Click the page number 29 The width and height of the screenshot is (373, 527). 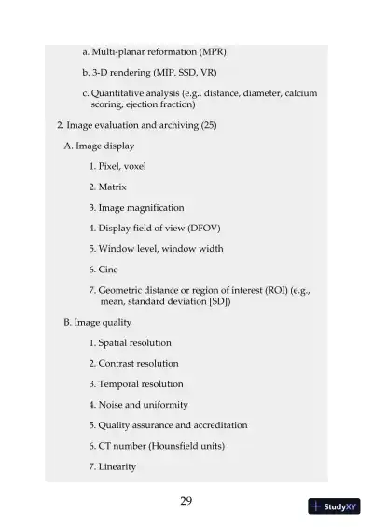point(186,501)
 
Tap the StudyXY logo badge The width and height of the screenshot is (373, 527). point(334,506)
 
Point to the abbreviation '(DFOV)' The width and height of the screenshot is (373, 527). point(202,228)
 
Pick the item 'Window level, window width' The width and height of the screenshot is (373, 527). point(156,248)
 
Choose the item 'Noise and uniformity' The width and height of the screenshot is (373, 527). point(139,404)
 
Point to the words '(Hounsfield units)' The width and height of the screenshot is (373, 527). point(186,446)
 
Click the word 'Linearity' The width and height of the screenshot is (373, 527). point(117,466)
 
